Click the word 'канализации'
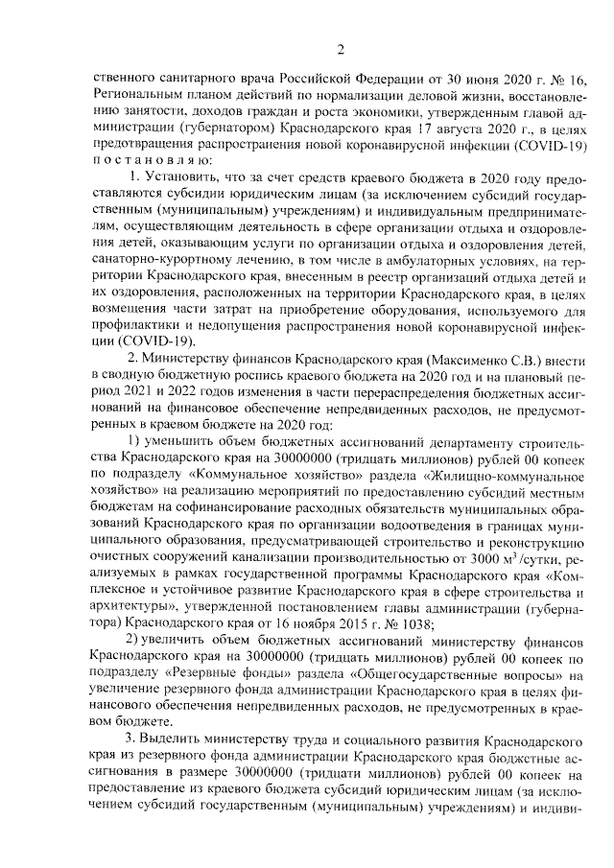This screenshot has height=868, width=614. tap(283, 555)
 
